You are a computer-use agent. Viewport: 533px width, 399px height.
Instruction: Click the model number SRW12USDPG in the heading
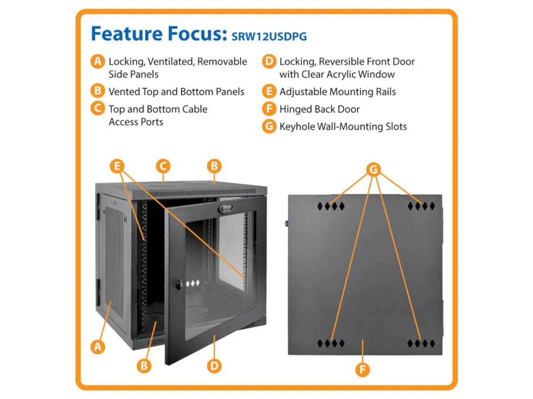269,37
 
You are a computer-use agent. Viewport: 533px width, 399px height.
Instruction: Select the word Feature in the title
127,33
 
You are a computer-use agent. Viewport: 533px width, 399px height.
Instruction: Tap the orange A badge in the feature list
98,61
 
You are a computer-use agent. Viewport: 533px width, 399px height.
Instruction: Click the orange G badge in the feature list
269,126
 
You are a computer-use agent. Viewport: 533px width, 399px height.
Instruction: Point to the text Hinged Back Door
319,109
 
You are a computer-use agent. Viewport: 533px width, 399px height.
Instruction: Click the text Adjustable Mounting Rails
338,92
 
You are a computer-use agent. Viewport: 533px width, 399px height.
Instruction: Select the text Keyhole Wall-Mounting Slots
343,126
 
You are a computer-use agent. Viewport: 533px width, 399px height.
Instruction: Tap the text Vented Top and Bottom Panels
176,92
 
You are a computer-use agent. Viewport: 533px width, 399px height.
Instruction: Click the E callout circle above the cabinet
117,166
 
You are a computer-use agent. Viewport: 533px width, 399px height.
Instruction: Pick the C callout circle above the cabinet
163,166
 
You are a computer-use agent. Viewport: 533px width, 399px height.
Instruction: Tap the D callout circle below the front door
214,366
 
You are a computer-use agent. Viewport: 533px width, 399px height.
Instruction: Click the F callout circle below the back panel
362,370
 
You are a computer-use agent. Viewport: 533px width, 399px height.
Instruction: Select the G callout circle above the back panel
374,170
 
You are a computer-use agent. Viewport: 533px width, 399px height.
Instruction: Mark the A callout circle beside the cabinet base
98,347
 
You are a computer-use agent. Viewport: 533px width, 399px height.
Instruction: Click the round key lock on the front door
179,284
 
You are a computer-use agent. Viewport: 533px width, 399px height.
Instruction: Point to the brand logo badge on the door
226,208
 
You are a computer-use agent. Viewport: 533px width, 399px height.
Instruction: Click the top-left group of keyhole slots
331,207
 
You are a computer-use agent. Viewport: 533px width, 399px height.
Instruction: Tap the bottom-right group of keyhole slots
421,344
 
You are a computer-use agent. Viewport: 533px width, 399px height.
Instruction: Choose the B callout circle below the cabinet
144,366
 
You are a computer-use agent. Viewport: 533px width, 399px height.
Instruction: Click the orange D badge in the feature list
269,61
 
